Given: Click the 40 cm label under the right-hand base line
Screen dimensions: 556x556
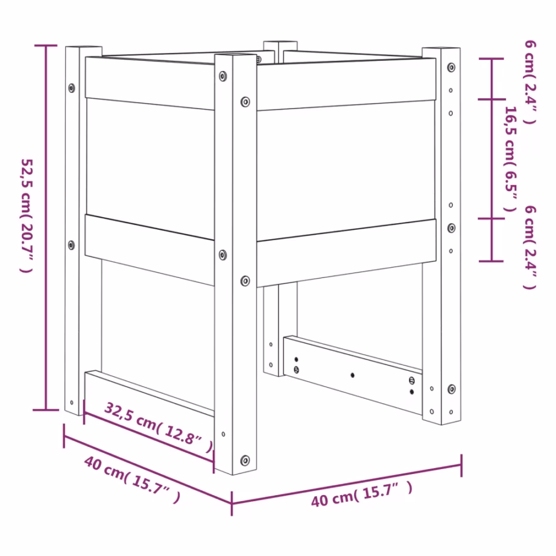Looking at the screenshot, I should tap(362, 493).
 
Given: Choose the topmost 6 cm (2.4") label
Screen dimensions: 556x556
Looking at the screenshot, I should tap(530, 81).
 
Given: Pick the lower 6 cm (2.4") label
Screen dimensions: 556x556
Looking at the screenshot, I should tap(530, 247).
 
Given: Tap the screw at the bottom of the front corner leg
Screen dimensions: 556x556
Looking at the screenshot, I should tap(245, 460).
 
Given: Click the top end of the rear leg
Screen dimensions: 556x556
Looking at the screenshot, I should tap(280, 44).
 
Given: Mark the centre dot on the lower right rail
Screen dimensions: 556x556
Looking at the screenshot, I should tap(353, 375).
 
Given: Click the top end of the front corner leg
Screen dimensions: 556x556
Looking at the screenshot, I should tap(236, 56).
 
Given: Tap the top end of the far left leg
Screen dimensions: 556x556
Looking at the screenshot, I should tap(83, 47).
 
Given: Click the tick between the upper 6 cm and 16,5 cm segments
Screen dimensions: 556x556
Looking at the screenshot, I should tap(492, 100).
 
